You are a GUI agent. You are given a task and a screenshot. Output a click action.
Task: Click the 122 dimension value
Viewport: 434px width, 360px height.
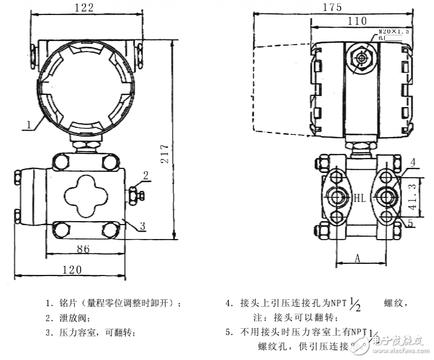tap(83, 8)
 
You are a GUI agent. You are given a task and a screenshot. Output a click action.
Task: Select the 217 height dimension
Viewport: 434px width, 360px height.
tap(165, 153)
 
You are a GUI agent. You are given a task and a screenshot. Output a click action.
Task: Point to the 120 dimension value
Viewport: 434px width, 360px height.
tap(71, 269)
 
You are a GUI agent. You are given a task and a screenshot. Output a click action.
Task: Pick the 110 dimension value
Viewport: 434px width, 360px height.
tap(357, 21)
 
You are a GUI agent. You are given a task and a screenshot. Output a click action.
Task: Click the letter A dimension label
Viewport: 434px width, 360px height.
tap(358, 259)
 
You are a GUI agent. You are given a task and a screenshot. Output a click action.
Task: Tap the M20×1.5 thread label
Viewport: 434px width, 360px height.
tap(393, 32)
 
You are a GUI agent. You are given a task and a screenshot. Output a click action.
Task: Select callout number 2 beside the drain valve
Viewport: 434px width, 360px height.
tap(146, 175)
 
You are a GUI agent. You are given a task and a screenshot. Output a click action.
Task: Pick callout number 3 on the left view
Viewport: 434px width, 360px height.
tap(142, 227)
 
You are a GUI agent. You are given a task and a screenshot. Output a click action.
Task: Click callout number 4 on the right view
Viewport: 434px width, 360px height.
tap(413, 162)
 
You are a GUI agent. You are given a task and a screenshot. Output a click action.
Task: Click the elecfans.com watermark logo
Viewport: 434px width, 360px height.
tap(394, 343)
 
